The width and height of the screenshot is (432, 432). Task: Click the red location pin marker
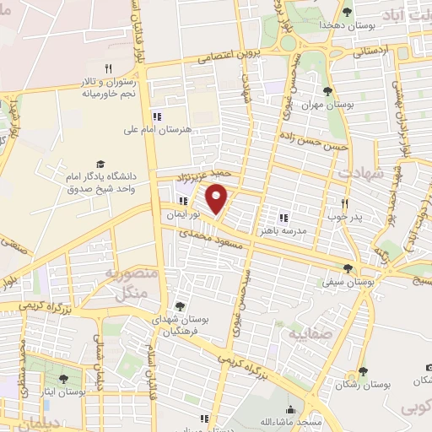(218, 199)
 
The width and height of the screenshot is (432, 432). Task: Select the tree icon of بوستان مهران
(327, 91)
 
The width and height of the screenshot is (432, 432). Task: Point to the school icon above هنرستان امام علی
(155, 116)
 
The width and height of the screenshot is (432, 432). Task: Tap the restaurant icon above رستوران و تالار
(108, 68)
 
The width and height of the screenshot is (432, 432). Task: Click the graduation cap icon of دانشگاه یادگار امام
(101, 163)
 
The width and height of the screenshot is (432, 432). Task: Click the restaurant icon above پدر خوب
(344, 203)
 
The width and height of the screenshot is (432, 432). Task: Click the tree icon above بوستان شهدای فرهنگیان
(178, 305)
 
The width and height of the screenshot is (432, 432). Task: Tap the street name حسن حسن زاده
(316, 144)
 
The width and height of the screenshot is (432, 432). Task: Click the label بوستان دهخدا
(340, 25)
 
